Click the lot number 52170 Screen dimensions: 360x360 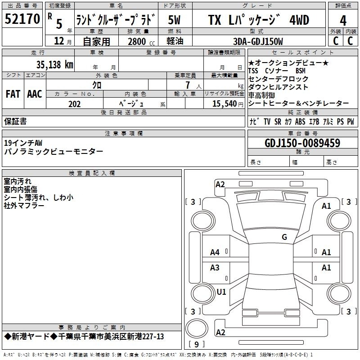click(x=22, y=19)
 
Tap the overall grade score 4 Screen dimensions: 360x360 click(x=343, y=21)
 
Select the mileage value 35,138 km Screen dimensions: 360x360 click(x=54, y=64)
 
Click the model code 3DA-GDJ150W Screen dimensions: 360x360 click(x=258, y=41)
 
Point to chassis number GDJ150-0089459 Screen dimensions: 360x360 click(x=302, y=143)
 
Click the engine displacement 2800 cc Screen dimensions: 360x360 click(x=141, y=41)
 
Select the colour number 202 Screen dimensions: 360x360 click(x=74, y=104)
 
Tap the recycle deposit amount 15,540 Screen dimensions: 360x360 click(x=225, y=104)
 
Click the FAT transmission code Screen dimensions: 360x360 click(x=13, y=94)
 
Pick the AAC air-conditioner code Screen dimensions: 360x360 click(x=35, y=94)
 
